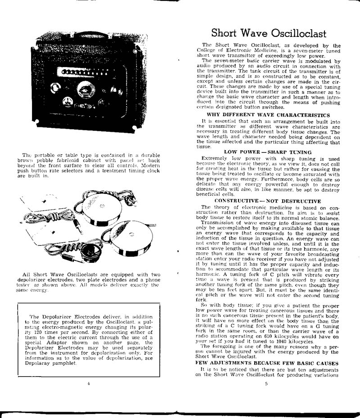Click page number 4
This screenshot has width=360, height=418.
[89, 383]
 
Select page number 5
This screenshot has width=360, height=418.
[266, 384]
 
